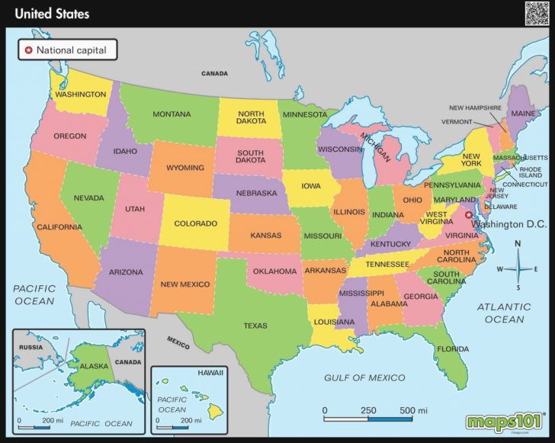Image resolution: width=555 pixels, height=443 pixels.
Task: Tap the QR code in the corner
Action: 537,13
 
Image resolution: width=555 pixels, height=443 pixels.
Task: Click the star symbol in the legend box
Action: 30,50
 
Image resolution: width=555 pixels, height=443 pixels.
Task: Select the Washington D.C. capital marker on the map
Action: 460,215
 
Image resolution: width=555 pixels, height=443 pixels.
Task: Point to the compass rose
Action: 518,268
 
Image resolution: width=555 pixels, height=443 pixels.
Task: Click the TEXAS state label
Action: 255,326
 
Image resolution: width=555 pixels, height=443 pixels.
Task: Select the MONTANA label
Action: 172,114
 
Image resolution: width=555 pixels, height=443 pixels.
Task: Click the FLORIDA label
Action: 453,349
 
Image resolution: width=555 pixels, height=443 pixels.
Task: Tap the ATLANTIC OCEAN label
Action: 505,313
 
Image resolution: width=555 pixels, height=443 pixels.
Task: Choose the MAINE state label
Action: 524,114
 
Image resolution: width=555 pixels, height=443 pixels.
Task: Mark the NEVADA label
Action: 88,198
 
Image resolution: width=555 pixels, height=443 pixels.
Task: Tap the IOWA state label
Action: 311,185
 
